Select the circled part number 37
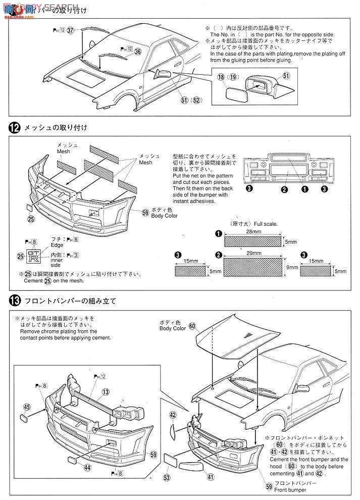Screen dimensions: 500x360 (x=70, y=31)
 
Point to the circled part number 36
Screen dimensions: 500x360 (x=137, y=51)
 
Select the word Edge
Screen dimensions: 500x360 (x=57, y=244)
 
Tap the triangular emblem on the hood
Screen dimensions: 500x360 (x=246, y=335)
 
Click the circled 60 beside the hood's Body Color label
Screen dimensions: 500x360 (x=192, y=326)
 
